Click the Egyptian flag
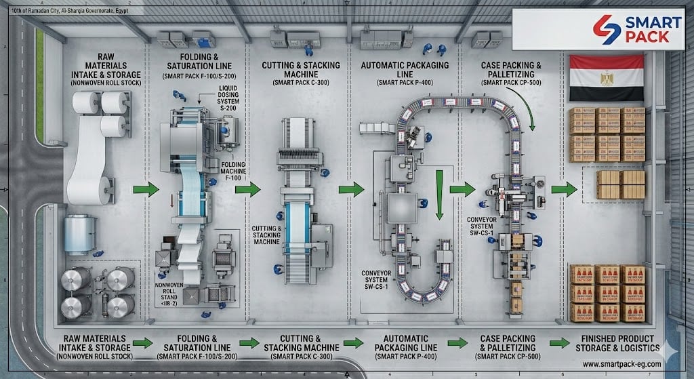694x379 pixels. [607, 79]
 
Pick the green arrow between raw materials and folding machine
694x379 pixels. [143, 190]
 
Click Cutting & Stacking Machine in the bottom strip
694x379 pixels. [300, 343]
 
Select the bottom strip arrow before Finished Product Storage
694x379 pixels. [559, 343]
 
